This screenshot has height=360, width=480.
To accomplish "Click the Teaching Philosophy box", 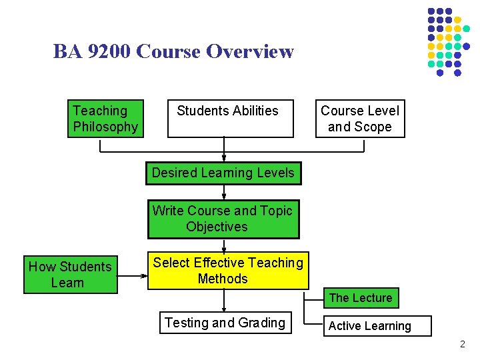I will (105, 119).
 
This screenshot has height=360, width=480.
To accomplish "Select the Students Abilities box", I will (230, 119).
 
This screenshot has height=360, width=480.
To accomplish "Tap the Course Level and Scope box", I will (360, 119).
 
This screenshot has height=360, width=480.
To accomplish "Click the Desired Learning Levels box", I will (223, 173).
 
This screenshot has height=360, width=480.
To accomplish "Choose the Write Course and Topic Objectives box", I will (223, 219).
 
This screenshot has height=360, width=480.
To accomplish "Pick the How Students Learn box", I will (70, 275).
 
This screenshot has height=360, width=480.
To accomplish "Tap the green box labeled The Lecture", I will (361, 298).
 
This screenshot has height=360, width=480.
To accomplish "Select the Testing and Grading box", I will (225, 323).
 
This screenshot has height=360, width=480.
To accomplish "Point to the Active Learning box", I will (378, 326).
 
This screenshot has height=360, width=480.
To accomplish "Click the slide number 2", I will (463, 345).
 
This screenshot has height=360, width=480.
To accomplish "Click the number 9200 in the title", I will (109, 51).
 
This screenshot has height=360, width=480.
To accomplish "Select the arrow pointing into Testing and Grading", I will (224, 303).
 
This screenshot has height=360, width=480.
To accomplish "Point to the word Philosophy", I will (105, 127).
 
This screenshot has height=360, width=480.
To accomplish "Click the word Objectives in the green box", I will (217, 227).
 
